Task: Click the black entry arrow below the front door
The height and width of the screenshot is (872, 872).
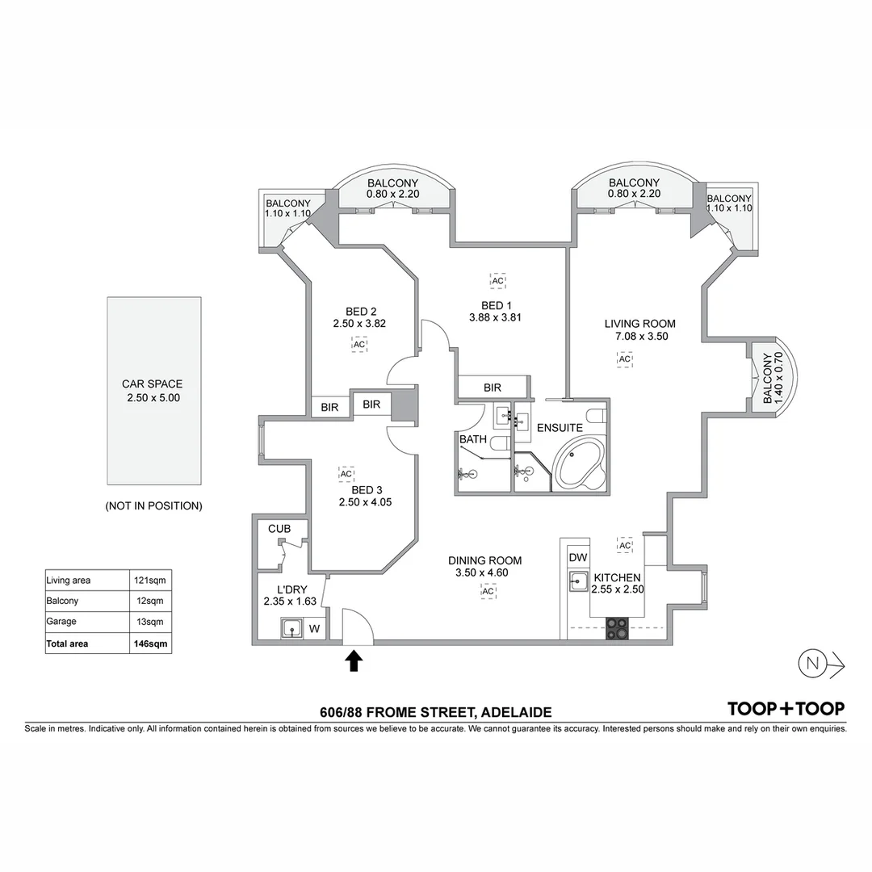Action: [x=354, y=661]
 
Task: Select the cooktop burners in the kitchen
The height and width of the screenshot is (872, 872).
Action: [x=617, y=629]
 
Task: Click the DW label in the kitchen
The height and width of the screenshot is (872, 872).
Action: [x=578, y=557]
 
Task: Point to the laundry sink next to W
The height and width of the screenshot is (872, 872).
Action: [x=291, y=629]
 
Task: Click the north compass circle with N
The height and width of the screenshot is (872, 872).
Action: [x=812, y=663]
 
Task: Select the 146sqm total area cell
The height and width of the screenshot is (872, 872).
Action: [x=150, y=644]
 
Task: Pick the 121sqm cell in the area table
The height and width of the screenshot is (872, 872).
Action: [x=150, y=580]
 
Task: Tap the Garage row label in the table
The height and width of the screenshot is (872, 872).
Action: [x=61, y=622]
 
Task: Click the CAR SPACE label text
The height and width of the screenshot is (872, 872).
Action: [x=153, y=384]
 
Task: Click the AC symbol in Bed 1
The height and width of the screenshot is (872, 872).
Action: [x=497, y=281]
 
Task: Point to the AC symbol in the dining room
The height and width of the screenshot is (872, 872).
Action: [x=488, y=591]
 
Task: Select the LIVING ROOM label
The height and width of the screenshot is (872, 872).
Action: [x=640, y=324]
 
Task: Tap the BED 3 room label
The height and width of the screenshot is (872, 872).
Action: [x=367, y=490]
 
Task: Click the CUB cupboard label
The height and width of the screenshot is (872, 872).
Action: [x=279, y=529]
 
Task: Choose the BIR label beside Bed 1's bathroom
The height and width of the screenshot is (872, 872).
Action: [x=493, y=388]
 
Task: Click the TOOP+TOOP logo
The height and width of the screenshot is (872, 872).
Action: [x=786, y=709]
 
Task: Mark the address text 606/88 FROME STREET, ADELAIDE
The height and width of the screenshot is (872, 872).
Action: [x=436, y=712]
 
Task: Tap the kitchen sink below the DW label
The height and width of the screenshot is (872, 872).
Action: [x=578, y=581]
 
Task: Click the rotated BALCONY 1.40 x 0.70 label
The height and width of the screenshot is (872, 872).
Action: [x=773, y=378]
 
